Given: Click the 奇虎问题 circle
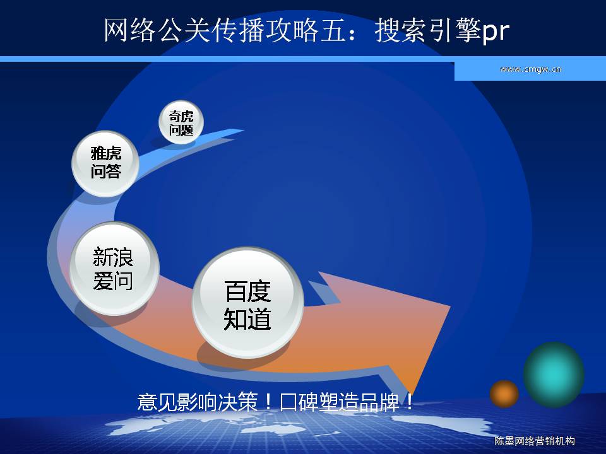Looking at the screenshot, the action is (x=181, y=122).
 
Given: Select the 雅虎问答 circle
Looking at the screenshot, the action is (x=105, y=164).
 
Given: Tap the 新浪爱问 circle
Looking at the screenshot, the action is (x=114, y=269).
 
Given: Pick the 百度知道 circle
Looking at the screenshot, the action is (x=247, y=303).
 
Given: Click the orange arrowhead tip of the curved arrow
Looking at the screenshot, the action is (x=413, y=393).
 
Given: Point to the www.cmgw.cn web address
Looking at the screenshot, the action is (x=530, y=69).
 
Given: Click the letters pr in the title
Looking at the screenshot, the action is (x=496, y=32).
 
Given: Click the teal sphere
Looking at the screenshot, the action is (x=554, y=375).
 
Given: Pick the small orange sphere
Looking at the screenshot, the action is (x=504, y=393).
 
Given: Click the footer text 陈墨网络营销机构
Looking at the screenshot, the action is (x=535, y=441).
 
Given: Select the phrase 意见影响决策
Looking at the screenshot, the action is (x=198, y=402).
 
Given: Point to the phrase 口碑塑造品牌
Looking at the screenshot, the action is (x=339, y=402).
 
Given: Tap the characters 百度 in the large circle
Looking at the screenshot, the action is (x=247, y=291).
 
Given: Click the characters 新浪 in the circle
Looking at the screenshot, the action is (x=113, y=257).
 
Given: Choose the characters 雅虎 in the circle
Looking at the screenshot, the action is (x=106, y=153).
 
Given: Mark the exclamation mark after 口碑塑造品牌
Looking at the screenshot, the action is (x=409, y=402).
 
